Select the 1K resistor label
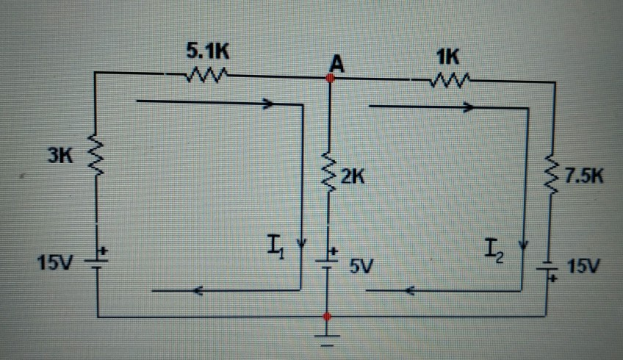[446, 56]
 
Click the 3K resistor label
[60, 155]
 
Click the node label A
[336, 64]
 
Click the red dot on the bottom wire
[328, 317]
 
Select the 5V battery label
[361, 267]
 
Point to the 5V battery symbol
[327, 259]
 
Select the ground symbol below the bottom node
[328, 339]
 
